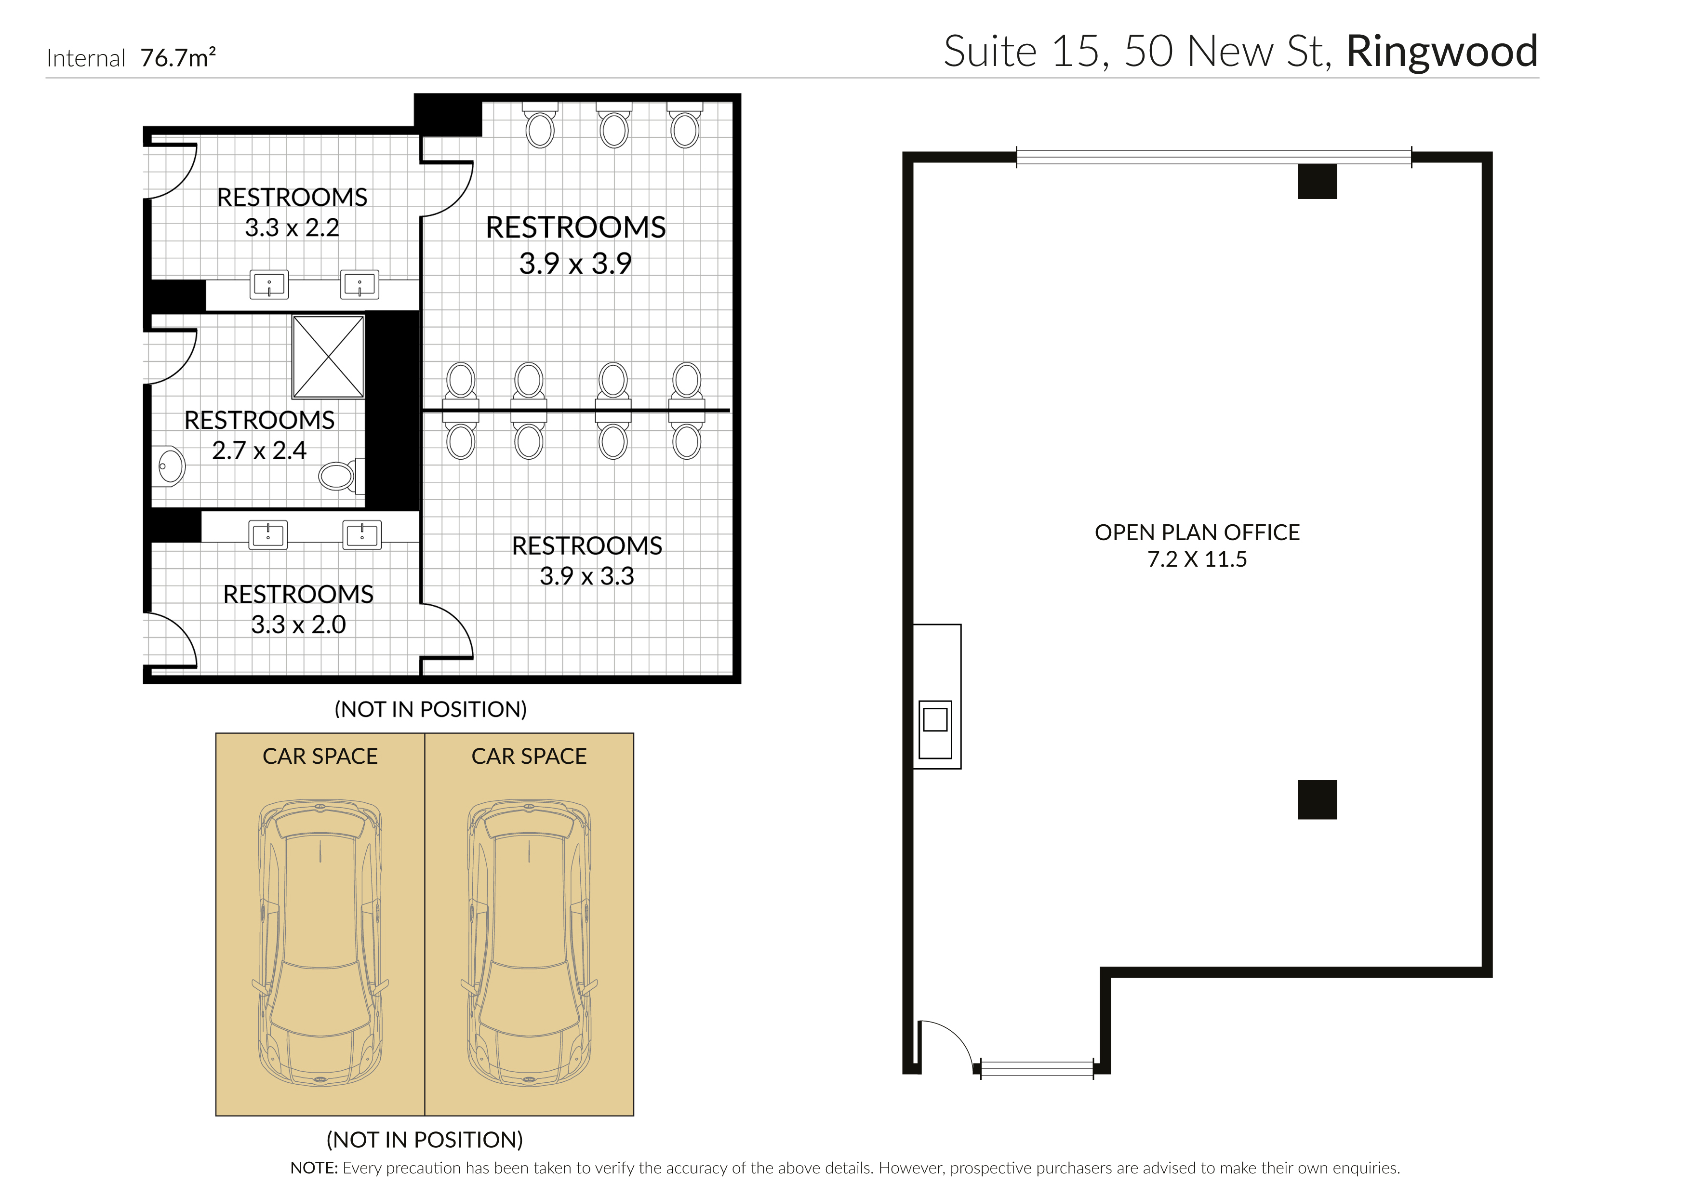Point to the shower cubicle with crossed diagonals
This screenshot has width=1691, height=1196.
[x=329, y=357]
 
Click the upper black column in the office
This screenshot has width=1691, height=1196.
[x=1317, y=181]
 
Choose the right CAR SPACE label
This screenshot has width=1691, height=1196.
[x=529, y=757]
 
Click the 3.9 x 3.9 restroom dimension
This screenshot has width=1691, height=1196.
[x=575, y=264]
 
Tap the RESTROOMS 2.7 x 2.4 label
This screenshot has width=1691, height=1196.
[x=259, y=435]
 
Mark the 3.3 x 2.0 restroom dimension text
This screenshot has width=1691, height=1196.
[x=298, y=625]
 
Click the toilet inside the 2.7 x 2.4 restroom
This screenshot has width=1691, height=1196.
[x=338, y=476]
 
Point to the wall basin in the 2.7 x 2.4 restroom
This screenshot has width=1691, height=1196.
[x=171, y=465]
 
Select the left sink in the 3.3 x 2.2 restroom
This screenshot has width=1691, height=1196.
[x=269, y=284]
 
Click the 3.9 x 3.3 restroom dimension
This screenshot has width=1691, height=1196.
[x=586, y=576]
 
